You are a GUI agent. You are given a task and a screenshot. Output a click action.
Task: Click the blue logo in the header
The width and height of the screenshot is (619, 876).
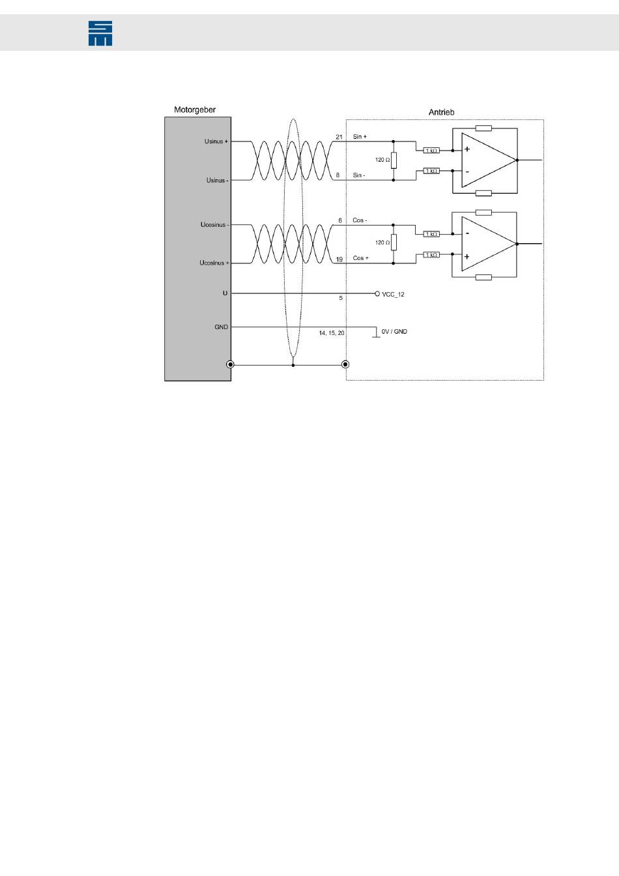point(100,33)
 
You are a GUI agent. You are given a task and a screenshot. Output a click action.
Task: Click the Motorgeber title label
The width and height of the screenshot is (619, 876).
point(195,110)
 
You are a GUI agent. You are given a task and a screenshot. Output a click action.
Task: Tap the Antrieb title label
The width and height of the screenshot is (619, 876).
point(441,112)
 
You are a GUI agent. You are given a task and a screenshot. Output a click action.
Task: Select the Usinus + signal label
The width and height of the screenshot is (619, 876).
point(216,141)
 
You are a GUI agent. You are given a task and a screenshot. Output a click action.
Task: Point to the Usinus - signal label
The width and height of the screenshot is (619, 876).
point(217,180)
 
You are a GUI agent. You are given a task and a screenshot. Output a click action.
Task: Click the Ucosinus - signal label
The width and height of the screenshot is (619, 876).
point(214,225)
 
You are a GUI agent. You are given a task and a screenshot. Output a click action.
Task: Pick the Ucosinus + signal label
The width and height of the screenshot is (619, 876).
point(214,263)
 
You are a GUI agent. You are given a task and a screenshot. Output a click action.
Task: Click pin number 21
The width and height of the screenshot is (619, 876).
point(339,137)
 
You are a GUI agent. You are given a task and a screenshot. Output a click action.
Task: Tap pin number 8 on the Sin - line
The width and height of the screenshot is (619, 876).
point(338,175)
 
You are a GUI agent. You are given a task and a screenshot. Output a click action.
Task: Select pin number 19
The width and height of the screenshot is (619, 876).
point(339,259)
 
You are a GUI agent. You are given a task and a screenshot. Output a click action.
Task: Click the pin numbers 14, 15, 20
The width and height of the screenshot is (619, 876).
point(332,332)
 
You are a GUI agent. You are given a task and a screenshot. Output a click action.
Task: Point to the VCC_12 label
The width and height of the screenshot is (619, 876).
point(393,295)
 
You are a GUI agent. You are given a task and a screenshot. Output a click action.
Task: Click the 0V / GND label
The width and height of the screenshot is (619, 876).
point(394,332)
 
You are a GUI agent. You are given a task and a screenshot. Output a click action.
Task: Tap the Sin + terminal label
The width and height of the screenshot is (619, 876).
point(360,137)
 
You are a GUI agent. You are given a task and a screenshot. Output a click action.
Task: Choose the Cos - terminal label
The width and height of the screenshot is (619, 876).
point(360,220)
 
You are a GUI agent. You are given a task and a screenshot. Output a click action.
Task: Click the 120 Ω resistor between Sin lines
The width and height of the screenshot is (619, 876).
point(394,160)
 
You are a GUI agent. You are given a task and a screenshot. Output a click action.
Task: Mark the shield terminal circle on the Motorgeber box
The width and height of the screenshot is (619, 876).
point(230,365)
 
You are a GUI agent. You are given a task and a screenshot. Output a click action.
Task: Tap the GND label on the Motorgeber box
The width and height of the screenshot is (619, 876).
point(222,327)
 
